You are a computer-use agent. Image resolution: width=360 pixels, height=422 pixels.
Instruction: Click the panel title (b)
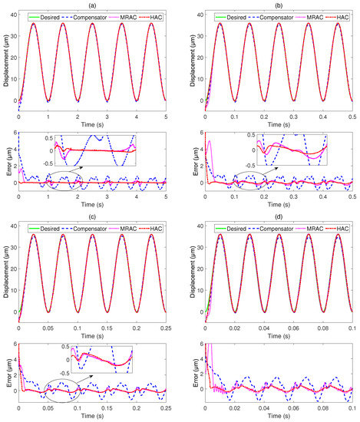pos(279,5)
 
